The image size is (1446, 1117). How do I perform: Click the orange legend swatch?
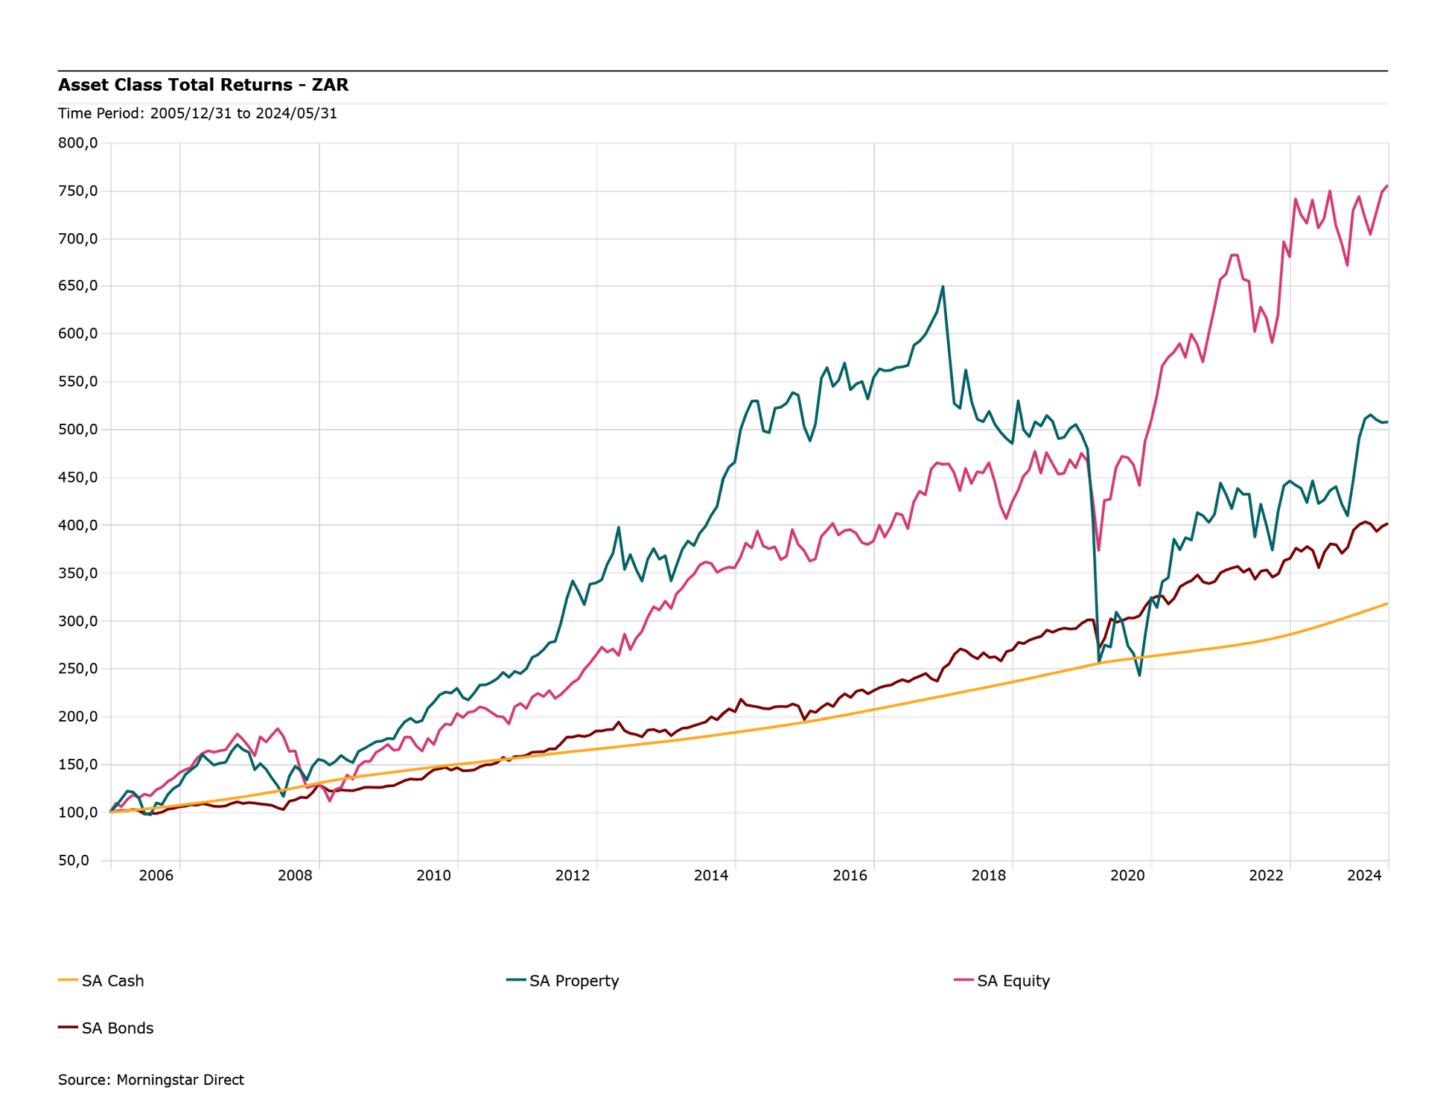[69, 979]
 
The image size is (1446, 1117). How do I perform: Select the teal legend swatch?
[517, 979]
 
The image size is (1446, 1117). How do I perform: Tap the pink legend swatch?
[964, 979]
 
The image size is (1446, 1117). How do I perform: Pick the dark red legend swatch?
[69, 1027]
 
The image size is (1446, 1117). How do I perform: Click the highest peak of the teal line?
[943, 287]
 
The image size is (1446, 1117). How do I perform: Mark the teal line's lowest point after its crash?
[1139, 675]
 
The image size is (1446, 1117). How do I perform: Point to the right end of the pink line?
[1386, 185]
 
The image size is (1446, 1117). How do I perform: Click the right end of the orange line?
[1387, 603]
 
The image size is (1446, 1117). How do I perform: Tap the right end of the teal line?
[1387, 422]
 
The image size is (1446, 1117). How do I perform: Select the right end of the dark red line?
[1387, 524]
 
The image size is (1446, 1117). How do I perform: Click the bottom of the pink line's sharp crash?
[1099, 550]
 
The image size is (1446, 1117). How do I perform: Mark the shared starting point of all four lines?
[111, 812]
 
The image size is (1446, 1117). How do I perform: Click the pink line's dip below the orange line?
[329, 801]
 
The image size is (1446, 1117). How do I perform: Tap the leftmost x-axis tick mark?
[111, 865]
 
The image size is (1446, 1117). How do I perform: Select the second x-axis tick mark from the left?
[179, 865]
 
